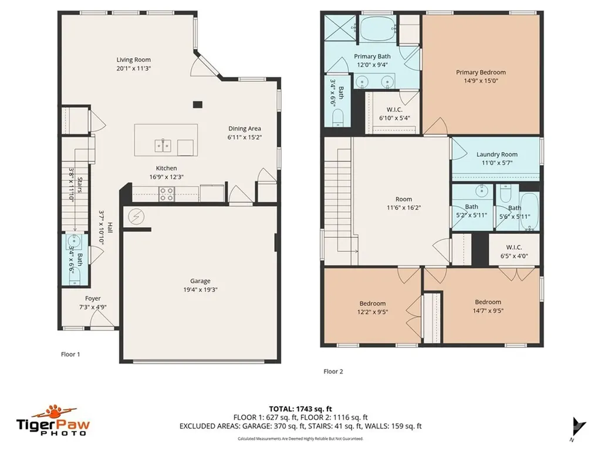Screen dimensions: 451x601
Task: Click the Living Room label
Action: click(133, 59)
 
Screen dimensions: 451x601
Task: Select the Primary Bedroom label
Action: click(481, 72)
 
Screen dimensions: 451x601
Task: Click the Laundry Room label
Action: click(496, 154)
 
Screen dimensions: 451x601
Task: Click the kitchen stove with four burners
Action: click(166, 194)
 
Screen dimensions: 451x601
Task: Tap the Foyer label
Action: click(93, 298)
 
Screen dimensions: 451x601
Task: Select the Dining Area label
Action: click(245, 129)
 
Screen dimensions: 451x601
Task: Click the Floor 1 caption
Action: click(70, 354)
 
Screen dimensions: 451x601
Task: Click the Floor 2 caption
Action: click(333, 371)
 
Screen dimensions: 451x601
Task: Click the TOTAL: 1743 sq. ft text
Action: click(300, 409)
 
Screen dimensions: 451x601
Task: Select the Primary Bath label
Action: click(372, 56)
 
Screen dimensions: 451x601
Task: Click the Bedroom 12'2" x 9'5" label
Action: click(372, 303)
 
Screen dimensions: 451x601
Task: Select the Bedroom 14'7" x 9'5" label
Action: click(488, 302)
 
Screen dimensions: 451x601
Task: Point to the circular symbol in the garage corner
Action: click(136, 217)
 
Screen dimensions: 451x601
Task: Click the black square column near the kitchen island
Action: click(198, 105)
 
